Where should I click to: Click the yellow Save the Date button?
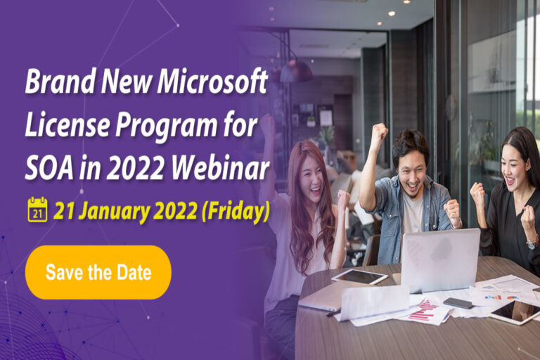pos(98,272)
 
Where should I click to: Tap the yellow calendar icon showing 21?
pos(37,210)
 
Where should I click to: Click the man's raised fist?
pos(379,131)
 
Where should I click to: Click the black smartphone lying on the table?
pos(458,302)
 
